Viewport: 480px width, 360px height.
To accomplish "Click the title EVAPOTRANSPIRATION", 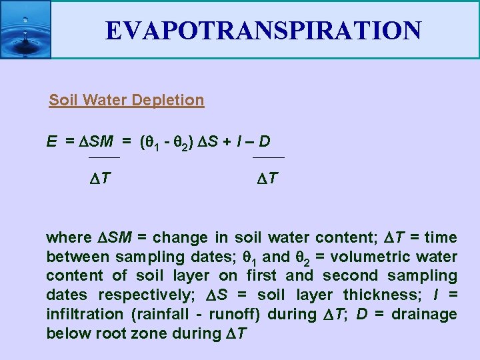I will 263,30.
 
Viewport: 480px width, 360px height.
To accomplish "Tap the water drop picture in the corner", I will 25,29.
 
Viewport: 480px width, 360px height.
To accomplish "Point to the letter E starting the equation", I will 51,141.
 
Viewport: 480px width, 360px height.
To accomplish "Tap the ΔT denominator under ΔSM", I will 100,178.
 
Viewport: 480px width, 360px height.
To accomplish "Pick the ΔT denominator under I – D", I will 268,178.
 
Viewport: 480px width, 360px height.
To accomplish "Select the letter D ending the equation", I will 265,141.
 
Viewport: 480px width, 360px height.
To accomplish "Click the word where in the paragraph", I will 69,237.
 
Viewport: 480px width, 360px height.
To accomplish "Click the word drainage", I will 424,315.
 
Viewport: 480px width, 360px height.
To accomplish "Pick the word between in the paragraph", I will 74,257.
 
